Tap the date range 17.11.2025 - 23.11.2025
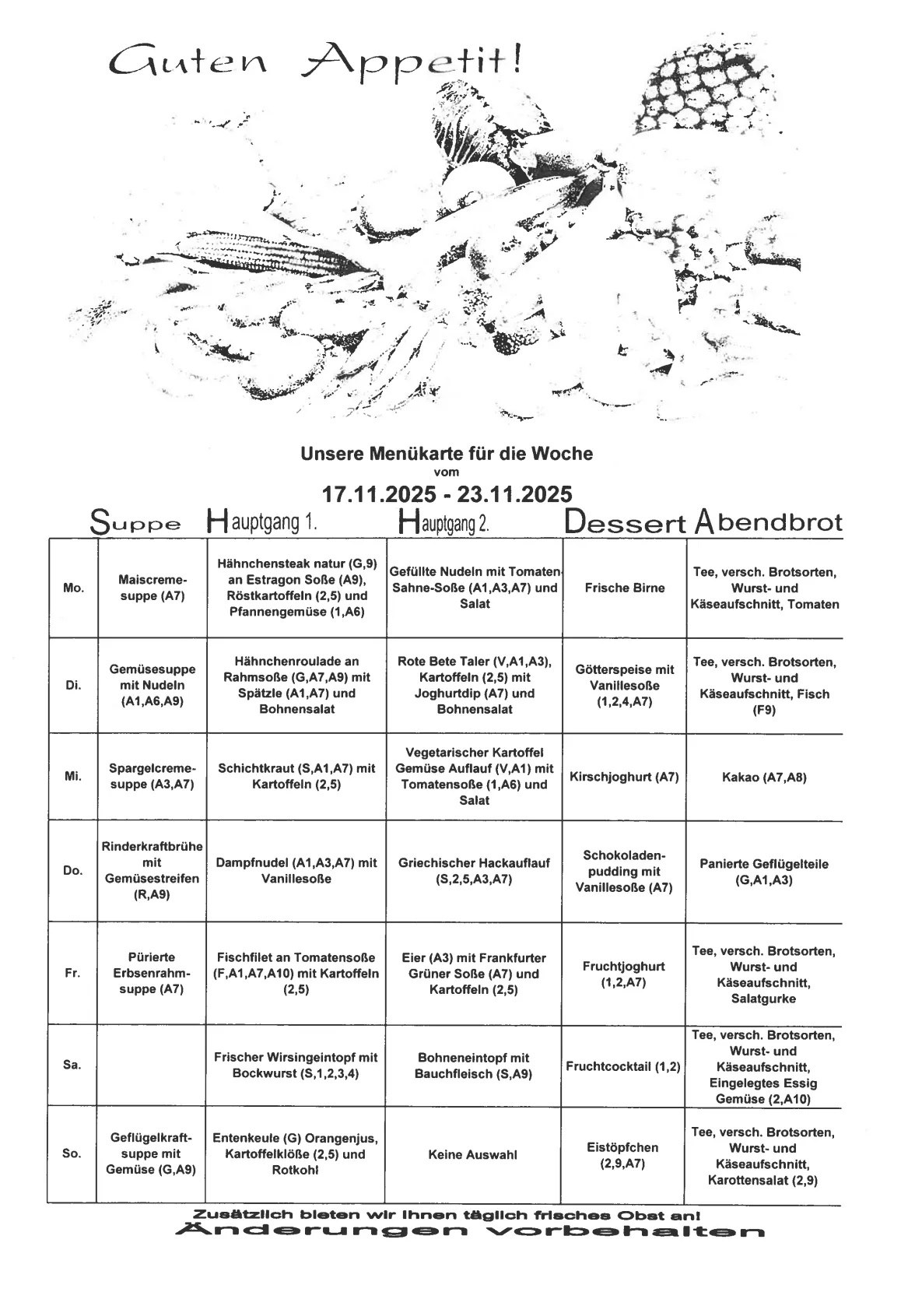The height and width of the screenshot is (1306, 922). coord(447,494)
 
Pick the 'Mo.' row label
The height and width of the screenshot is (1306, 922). coord(73,588)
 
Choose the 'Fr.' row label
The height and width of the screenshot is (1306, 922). coord(72,973)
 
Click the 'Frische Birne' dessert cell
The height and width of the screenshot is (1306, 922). coord(625,588)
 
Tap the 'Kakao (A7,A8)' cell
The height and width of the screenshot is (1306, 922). coord(764,777)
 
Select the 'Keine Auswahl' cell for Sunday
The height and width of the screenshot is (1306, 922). coord(473,1155)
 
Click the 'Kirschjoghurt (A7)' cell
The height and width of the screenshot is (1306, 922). coord(624,777)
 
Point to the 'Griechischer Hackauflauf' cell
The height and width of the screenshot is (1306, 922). coord(474,871)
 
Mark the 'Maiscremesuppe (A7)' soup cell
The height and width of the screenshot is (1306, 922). coord(152,588)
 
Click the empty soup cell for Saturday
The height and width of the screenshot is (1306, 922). coord(152,1065)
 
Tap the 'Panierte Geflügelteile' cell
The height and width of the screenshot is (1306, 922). coord(764,872)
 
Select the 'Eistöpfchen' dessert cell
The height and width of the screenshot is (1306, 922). coord(622,1155)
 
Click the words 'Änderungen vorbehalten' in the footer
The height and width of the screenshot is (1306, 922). coord(470,1231)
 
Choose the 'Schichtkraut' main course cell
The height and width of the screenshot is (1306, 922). coord(296,776)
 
